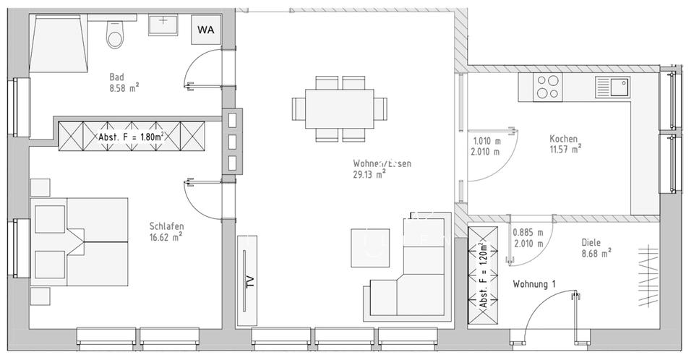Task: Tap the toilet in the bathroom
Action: point(114,33)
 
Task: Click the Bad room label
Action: point(117,77)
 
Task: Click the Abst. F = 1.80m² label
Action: point(132,136)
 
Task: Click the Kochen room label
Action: point(564,139)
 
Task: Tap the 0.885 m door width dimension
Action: point(527,233)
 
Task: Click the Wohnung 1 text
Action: point(534,285)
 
